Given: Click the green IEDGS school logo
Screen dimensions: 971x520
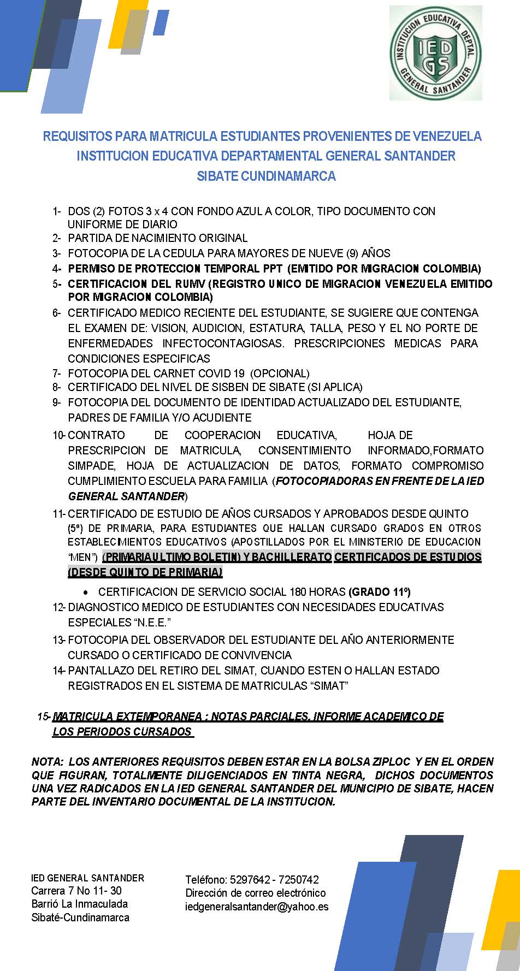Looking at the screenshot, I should click(435, 53).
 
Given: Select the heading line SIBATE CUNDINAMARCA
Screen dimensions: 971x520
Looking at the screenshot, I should click(266, 176).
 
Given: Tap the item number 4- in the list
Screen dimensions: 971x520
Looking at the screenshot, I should click(57, 269).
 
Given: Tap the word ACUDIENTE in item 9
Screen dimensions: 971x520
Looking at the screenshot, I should click(223, 418).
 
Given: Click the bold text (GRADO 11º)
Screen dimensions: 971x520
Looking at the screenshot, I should click(379, 592).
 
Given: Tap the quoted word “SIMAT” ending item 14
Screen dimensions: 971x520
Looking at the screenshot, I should click(329, 686).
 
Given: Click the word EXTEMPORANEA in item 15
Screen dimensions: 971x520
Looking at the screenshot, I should click(151, 717).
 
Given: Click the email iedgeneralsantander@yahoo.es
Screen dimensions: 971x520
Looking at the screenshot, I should click(257, 907).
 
